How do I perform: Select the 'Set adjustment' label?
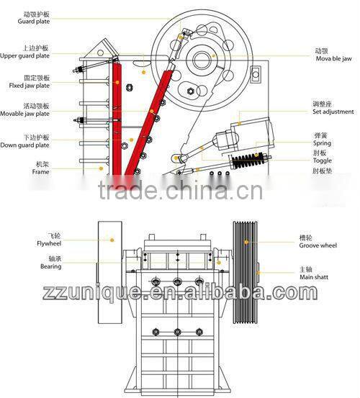(x=332, y=112)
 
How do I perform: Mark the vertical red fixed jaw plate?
(x=117, y=119)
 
